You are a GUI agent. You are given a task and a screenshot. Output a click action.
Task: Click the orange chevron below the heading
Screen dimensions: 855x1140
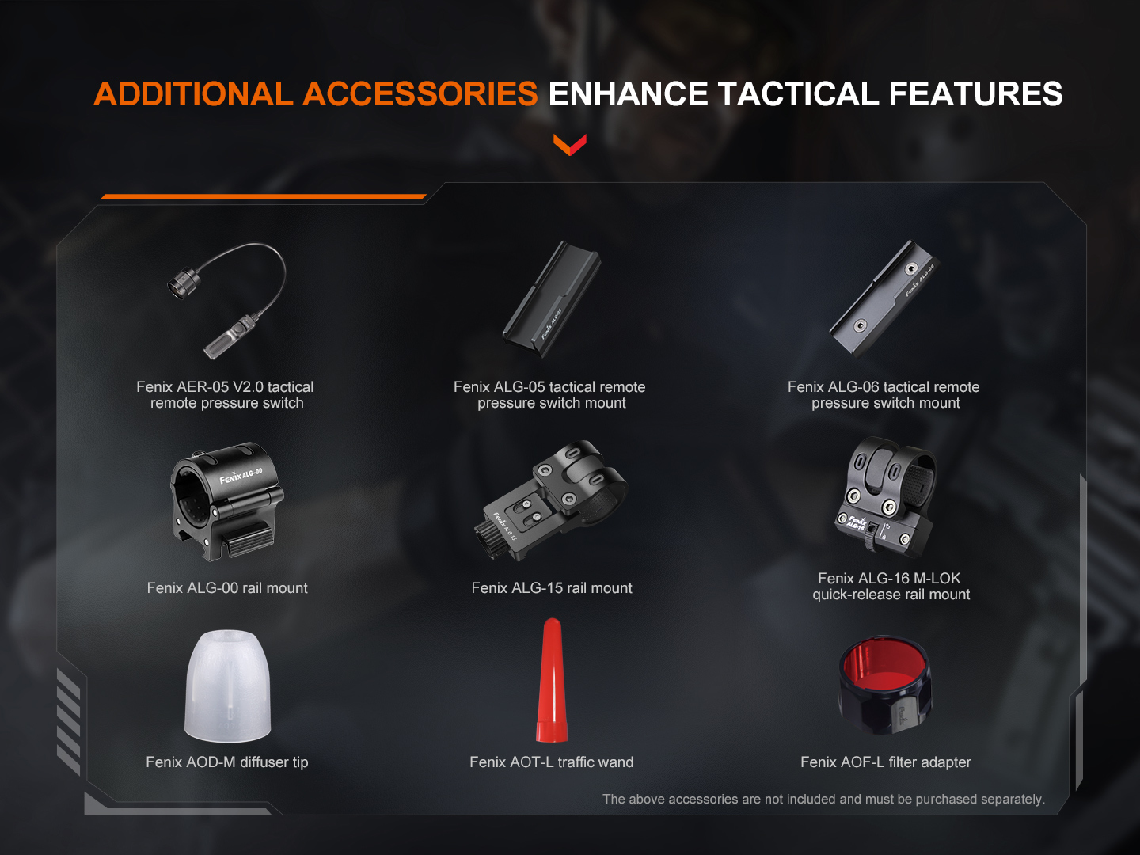(x=570, y=145)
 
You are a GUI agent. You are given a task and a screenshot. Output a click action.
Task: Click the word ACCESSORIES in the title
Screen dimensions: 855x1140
(x=420, y=94)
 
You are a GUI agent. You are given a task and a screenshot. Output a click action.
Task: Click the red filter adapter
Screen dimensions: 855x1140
(x=885, y=684)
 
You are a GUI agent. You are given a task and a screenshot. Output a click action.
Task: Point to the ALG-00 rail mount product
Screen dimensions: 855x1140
(x=226, y=501)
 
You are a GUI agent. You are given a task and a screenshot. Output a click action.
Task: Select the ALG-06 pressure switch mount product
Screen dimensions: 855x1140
(x=883, y=300)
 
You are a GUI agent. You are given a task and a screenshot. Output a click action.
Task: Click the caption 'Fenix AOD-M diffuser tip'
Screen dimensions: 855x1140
(x=227, y=762)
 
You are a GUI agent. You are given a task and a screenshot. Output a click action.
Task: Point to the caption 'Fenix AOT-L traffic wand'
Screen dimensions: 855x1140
(x=552, y=762)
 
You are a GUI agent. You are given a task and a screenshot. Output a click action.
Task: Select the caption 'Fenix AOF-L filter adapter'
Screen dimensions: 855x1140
(x=885, y=762)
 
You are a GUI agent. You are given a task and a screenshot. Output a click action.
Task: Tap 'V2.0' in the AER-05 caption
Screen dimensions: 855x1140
(x=248, y=387)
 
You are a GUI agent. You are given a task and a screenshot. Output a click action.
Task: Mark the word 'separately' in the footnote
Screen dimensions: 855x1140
(x=1011, y=800)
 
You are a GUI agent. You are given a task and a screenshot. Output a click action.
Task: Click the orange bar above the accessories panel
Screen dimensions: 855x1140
(x=263, y=196)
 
